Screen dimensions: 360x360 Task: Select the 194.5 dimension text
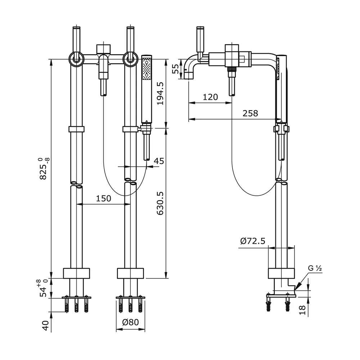pos(160,93)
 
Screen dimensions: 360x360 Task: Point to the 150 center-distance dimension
pos(104,198)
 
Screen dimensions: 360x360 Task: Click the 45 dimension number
pos(158,161)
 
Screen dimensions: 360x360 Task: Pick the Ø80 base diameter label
pos(130,323)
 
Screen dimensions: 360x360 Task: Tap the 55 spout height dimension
pos(175,69)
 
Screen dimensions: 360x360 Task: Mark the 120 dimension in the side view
pos(210,97)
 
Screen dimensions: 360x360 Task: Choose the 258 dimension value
pos(250,113)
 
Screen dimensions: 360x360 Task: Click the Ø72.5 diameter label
pos(253,241)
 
